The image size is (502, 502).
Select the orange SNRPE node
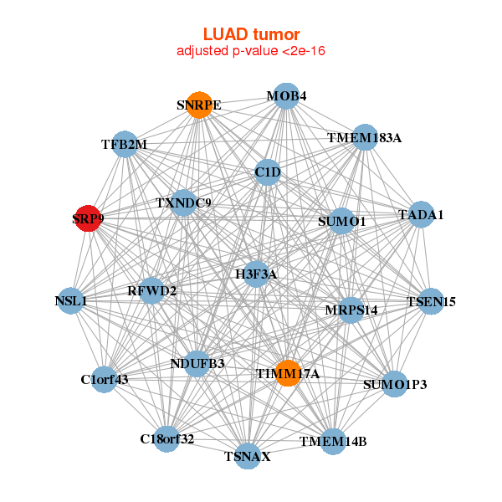pos(198,105)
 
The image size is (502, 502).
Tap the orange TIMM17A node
pos(288,373)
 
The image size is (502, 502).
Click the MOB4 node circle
pos(286,95)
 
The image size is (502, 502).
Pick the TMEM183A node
pos(364,136)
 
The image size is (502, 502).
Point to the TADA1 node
pos(421,213)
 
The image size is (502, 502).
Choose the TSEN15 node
pos(430,301)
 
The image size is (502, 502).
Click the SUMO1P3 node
pos(395,384)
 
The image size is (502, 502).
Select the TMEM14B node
pos(333,439)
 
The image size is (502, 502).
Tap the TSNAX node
pos(247,456)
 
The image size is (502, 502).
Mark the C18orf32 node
pos(166,438)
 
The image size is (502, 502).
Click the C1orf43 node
pos(105,379)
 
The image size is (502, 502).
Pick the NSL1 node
pos(71,300)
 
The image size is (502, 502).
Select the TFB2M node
pos(125,144)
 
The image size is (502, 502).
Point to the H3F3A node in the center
pos(255,274)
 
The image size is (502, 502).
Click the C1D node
pos(268,172)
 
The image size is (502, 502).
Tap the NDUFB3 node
pos(197,363)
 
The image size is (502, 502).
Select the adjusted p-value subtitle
pos(251,51)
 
